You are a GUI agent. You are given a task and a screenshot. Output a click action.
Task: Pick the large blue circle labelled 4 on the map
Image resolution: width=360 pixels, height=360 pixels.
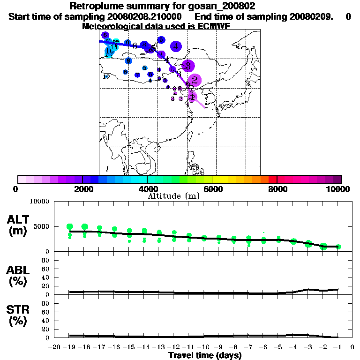(176, 46)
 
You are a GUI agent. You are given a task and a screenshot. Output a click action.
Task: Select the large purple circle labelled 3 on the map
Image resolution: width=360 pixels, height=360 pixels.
(188, 66)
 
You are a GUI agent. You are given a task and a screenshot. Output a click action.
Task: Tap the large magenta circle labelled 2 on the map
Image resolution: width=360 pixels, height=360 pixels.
(195, 81)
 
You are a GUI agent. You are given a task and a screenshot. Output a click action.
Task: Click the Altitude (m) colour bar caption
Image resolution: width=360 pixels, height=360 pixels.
(173, 196)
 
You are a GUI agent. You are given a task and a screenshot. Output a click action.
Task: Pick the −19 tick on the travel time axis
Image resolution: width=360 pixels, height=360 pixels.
(69, 347)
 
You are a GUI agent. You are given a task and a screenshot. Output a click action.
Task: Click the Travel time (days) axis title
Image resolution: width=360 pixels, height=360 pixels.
(205, 355)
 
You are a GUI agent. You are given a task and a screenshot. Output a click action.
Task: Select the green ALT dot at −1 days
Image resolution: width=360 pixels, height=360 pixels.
(338, 247)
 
